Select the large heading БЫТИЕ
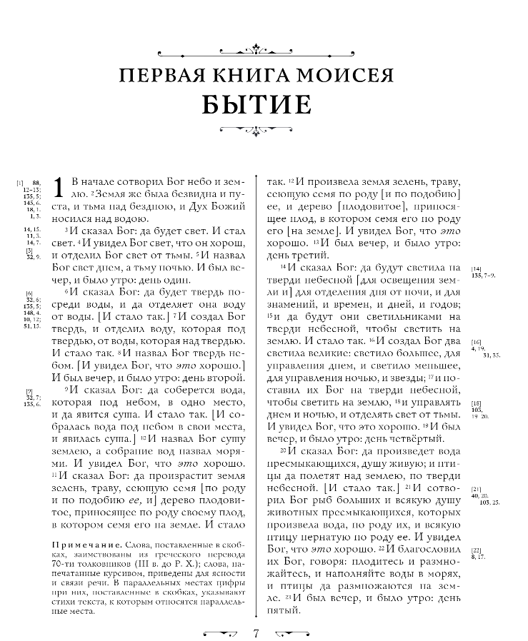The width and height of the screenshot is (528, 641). [x=256, y=104]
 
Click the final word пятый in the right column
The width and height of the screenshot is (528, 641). [x=284, y=611]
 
